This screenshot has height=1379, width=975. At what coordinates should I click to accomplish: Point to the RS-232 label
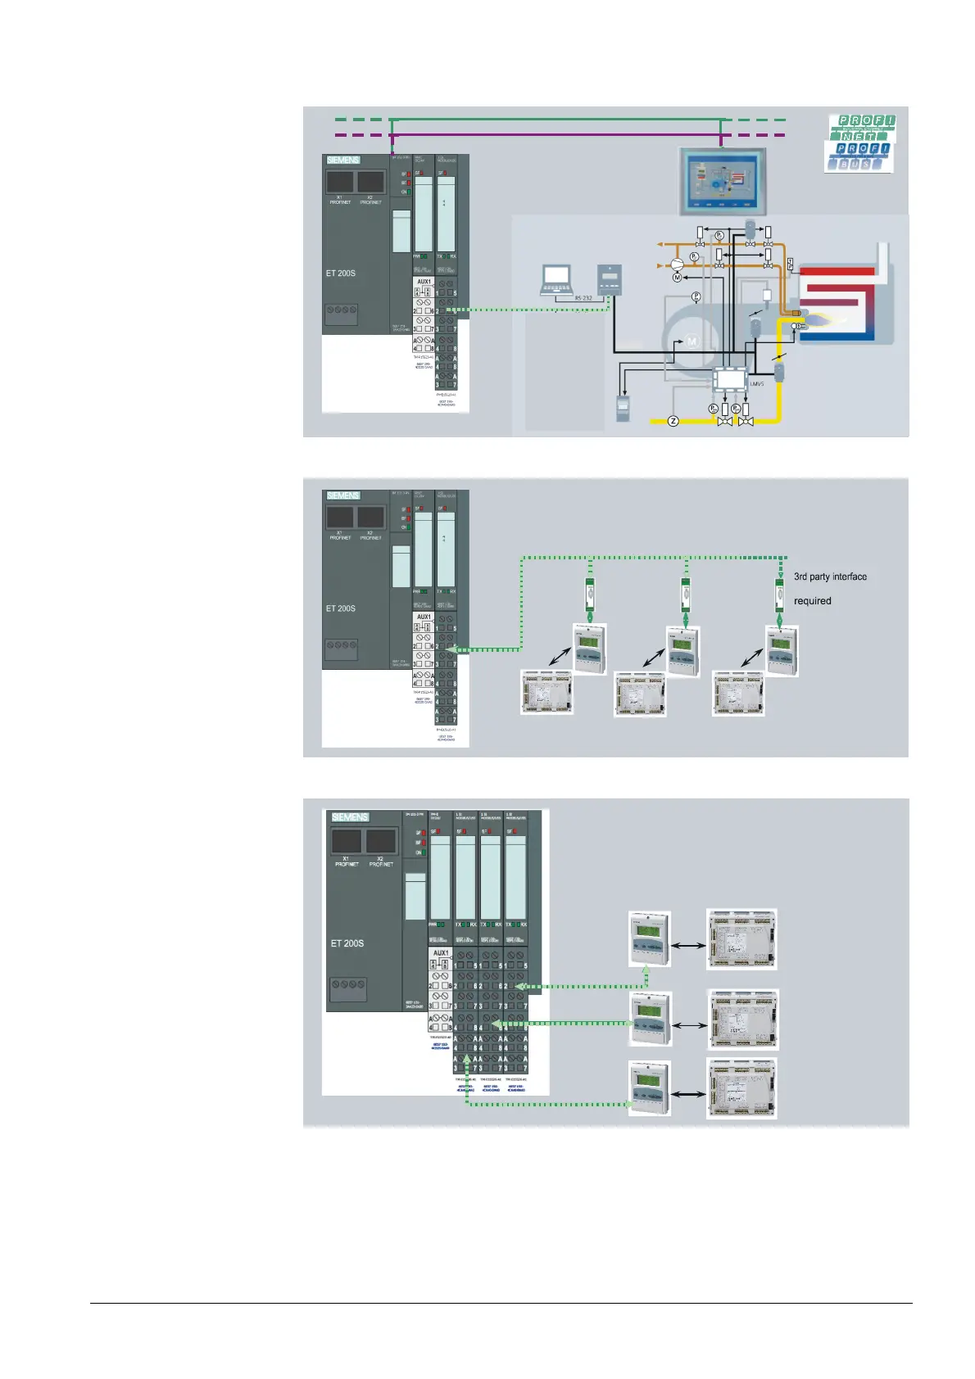(x=583, y=298)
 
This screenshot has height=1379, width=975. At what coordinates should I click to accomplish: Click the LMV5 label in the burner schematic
(x=756, y=383)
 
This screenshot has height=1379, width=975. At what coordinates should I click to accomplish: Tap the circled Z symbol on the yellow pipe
(x=673, y=421)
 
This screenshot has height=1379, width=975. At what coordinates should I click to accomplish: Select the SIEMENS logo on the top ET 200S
(x=343, y=160)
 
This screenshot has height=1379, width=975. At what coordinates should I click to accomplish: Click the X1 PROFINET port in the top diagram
(x=340, y=182)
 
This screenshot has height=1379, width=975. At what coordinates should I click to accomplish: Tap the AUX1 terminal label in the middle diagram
(x=424, y=617)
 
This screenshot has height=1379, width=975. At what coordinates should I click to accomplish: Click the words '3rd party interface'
(x=830, y=576)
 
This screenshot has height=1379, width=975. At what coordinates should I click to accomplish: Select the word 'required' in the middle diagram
(x=812, y=601)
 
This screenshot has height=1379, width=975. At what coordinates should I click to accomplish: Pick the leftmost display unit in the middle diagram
(x=590, y=649)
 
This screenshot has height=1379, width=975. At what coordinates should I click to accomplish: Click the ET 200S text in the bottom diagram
(x=347, y=943)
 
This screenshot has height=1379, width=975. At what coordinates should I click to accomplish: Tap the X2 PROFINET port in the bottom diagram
(x=381, y=842)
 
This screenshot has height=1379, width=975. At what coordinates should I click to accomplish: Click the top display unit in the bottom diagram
(x=649, y=938)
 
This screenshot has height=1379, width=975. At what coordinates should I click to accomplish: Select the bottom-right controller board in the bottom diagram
(x=741, y=1088)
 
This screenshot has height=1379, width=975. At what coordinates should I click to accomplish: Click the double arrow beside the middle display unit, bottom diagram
(x=689, y=1024)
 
